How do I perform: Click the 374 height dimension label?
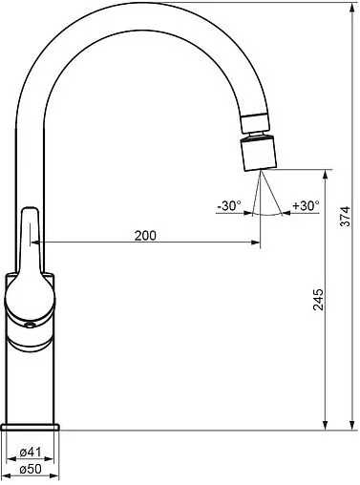[345, 217]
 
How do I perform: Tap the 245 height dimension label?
[318, 300]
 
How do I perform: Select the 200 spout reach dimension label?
[145, 236]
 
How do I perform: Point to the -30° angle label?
[229, 205]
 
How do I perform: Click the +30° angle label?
[306, 205]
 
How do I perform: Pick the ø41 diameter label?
[31, 452]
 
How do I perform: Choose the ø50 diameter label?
[31, 469]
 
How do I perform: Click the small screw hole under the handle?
[30, 326]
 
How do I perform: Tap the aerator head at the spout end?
[258, 153]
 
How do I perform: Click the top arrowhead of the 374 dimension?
[352, 8]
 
